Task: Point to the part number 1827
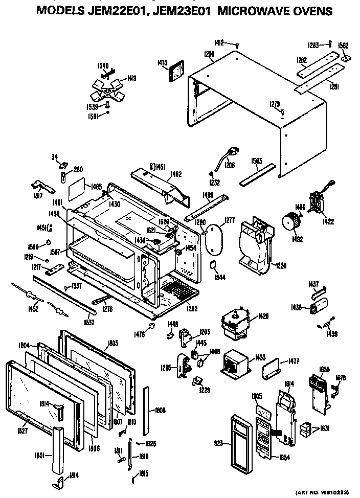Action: click(x=21, y=431)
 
